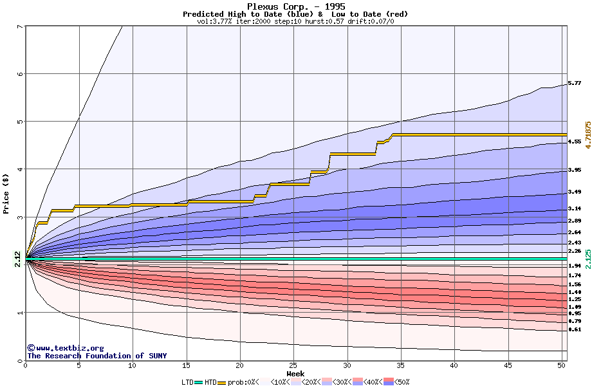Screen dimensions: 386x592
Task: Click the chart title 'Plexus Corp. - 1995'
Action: [x=295, y=6]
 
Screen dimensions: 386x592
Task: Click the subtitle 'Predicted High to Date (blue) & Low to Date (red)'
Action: [x=295, y=14]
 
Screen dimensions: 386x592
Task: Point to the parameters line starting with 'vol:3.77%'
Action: [x=295, y=21]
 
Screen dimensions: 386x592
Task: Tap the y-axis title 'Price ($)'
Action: [x=6, y=193]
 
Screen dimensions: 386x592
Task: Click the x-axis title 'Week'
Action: [x=295, y=374]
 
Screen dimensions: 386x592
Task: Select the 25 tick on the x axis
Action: [x=293, y=365]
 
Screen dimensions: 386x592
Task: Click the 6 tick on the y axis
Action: [x=20, y=74]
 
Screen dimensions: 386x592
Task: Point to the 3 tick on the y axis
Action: [x=20, y=217]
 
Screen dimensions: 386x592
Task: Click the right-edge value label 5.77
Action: [x=575, y=84]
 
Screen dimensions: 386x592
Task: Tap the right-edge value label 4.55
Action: [x=575, y=142]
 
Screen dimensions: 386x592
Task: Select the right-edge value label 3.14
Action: [x=575, y=209]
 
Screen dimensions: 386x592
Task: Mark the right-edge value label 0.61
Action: [x=575, y=329]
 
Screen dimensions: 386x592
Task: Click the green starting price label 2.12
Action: [x=17, y=259]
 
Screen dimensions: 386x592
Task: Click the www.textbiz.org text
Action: [x=65, y=348]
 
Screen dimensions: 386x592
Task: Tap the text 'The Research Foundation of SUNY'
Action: [x=97, y=356]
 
